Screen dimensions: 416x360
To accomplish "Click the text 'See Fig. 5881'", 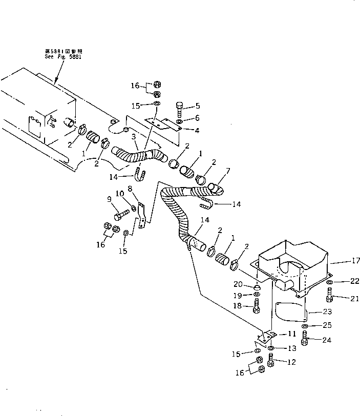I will (x=63, y=57).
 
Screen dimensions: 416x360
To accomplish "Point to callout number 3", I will (x=133, y=137).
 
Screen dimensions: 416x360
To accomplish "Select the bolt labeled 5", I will (x=179, y=109).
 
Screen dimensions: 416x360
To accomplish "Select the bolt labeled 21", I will (x=330, y=295).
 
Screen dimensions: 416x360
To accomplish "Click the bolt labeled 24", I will (x=305, y=338).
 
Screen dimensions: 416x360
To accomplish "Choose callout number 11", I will (x=291, y=334).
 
